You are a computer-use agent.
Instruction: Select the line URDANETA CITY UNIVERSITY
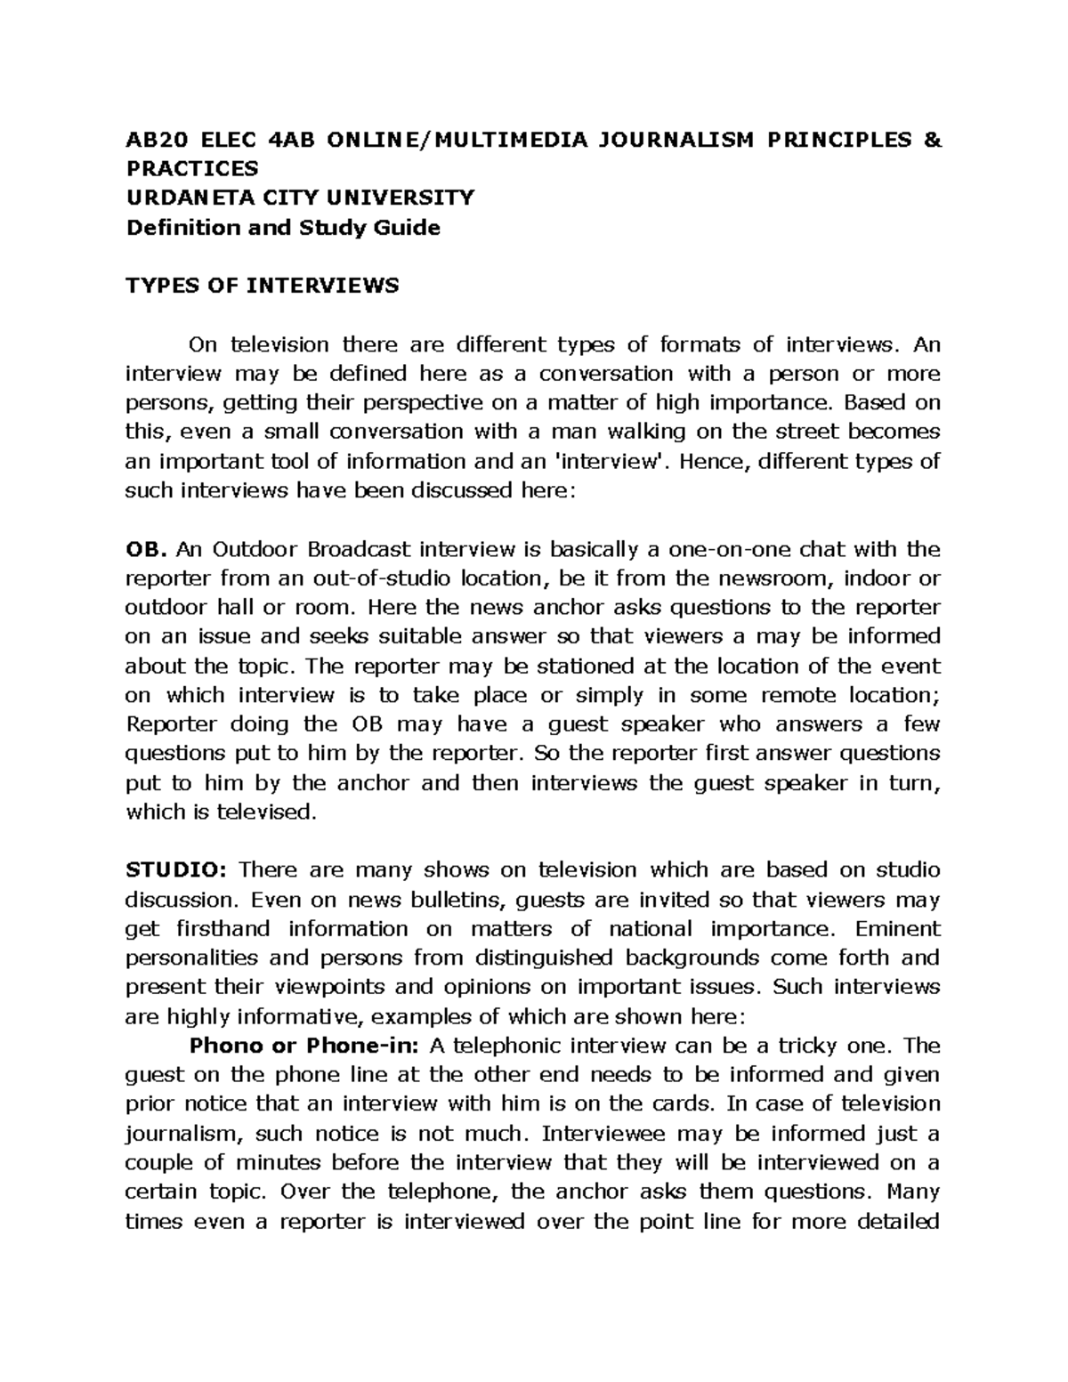(300, 198)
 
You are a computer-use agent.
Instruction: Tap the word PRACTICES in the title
(192, 168)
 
